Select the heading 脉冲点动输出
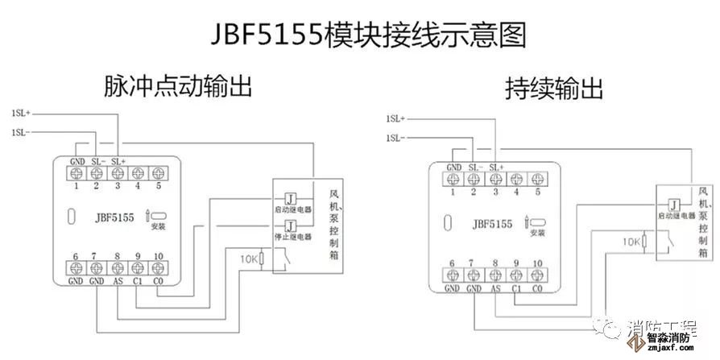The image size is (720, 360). coord(178,86)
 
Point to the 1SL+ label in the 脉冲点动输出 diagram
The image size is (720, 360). coord(22,113)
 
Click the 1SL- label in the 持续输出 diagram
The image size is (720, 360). coord(395,139)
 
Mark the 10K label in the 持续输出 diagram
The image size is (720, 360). coord(631,241)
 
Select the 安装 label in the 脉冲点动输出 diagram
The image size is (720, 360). coord(157,227)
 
